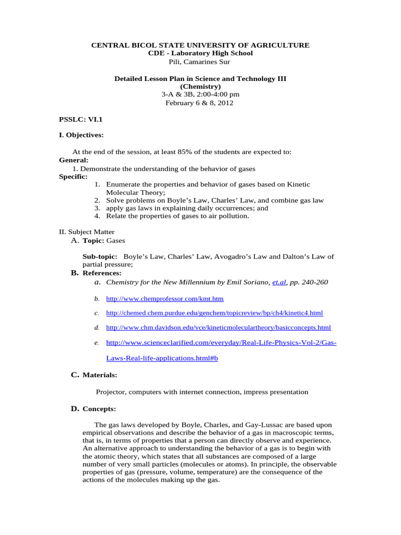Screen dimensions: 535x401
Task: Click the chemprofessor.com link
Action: coord(164,299)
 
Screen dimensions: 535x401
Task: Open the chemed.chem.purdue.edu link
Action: coord(214,313)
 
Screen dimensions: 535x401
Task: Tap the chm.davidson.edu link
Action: coord(218,328)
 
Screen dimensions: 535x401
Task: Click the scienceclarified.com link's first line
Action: coord(221,343)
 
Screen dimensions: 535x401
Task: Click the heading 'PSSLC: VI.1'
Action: coord(81,119)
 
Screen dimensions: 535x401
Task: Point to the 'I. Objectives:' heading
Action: coord(81,135)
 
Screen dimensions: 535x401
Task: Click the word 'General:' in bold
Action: coord(74,160)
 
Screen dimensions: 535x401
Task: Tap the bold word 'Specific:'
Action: coord(73,177)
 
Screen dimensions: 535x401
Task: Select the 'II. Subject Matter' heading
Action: coord(87,232)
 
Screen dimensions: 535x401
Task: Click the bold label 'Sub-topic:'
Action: coord(100,257)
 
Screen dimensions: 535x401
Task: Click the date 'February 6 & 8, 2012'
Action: coord(199,103)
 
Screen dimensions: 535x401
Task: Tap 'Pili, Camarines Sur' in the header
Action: coord(199,62)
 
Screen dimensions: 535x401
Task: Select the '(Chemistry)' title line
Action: coord(200,87)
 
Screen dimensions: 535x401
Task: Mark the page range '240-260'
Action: coord(314,282)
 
